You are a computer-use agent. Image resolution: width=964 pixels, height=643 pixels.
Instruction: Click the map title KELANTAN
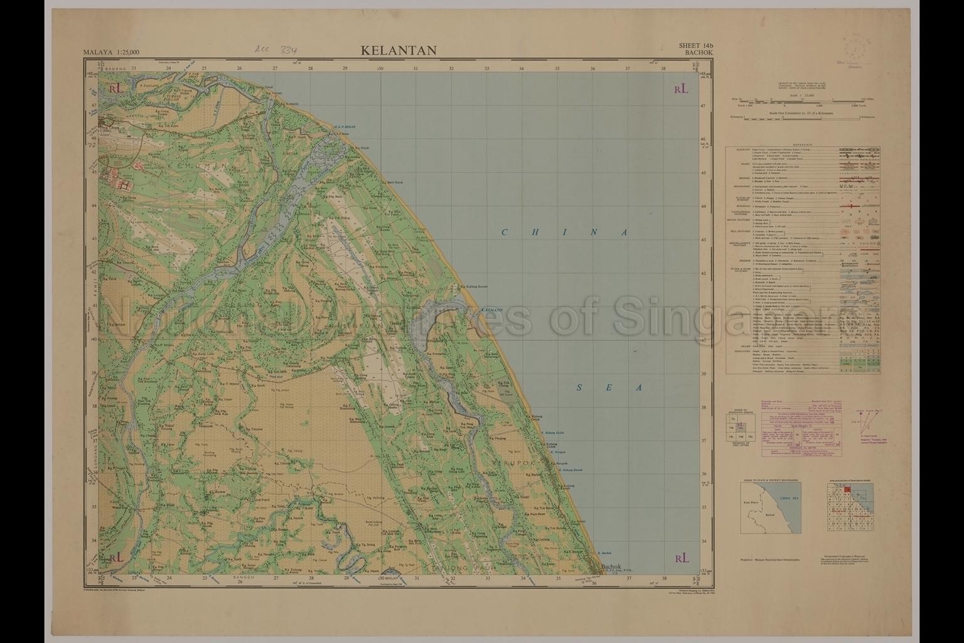(x=399, y=51)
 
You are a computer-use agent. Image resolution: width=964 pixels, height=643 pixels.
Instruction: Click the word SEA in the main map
(x=608, y=387)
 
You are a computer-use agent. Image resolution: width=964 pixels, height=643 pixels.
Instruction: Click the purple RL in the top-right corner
(x=681, y=89)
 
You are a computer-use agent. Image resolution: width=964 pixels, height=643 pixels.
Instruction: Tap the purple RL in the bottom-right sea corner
(x=681, y=558)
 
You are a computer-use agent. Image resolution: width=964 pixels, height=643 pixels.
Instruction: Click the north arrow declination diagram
(x=864, y=418)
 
